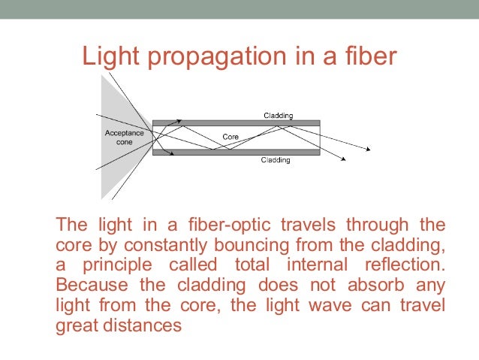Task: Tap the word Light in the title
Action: click(x=107, y=56)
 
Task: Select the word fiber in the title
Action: click(x=363, y=56)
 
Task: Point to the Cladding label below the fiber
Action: click(x=276, y=160)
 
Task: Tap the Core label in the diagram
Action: click(x=230, y=137)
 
